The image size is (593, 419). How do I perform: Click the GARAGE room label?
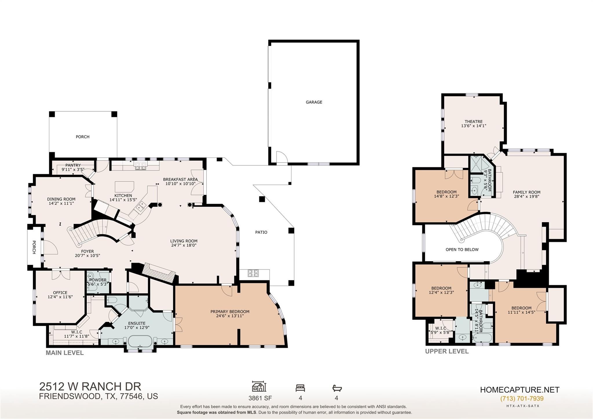click(314, 102)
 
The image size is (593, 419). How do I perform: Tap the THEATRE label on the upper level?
click(473, 122)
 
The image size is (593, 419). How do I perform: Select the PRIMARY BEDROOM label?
click(230, 312)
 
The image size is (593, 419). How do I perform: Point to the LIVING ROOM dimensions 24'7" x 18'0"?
click(184, 245)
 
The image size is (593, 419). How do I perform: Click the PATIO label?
click(261, 232)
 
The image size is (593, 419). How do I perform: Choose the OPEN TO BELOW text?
click(462, 250)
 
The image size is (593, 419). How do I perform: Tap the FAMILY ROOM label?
click(526, 192)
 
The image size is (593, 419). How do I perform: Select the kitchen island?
click(125, 186)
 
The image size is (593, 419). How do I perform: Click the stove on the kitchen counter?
click(141, 166)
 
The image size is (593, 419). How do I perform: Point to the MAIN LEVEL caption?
click(65, 353)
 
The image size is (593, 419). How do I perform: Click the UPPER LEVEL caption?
click(447, 351)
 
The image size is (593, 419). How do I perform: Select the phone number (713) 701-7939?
click(522, 398)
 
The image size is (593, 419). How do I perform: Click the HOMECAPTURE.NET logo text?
click(520, 390)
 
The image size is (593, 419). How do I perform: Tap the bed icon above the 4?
click(300, 388)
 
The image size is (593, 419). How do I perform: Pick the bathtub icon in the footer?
click(337, 388)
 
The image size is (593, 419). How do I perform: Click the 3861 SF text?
click(260, 398)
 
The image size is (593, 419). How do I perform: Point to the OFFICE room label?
click(60, 293)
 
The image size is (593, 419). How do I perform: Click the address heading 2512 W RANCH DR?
click(90, 387)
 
